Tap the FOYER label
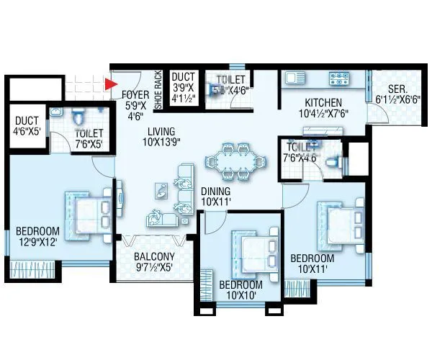135,94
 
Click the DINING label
215,191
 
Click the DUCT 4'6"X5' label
28,126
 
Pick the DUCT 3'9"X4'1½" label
184,85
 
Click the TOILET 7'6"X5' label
89,138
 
